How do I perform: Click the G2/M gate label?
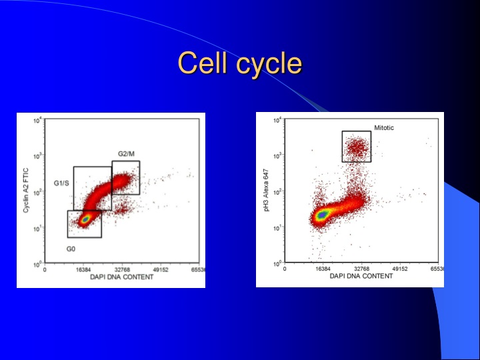126,154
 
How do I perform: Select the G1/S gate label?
61,183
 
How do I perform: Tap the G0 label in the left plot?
71,248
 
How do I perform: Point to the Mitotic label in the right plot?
384,127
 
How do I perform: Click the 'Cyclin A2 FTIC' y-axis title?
26,191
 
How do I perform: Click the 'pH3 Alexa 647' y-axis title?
265,191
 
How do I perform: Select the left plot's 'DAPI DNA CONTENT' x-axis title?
121,277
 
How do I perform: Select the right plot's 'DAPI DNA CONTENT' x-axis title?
361,277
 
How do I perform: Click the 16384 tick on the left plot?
83,270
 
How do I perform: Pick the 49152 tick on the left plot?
161,270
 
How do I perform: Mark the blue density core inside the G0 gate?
85,218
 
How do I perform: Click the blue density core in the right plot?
323,215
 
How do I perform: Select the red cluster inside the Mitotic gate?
357,148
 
